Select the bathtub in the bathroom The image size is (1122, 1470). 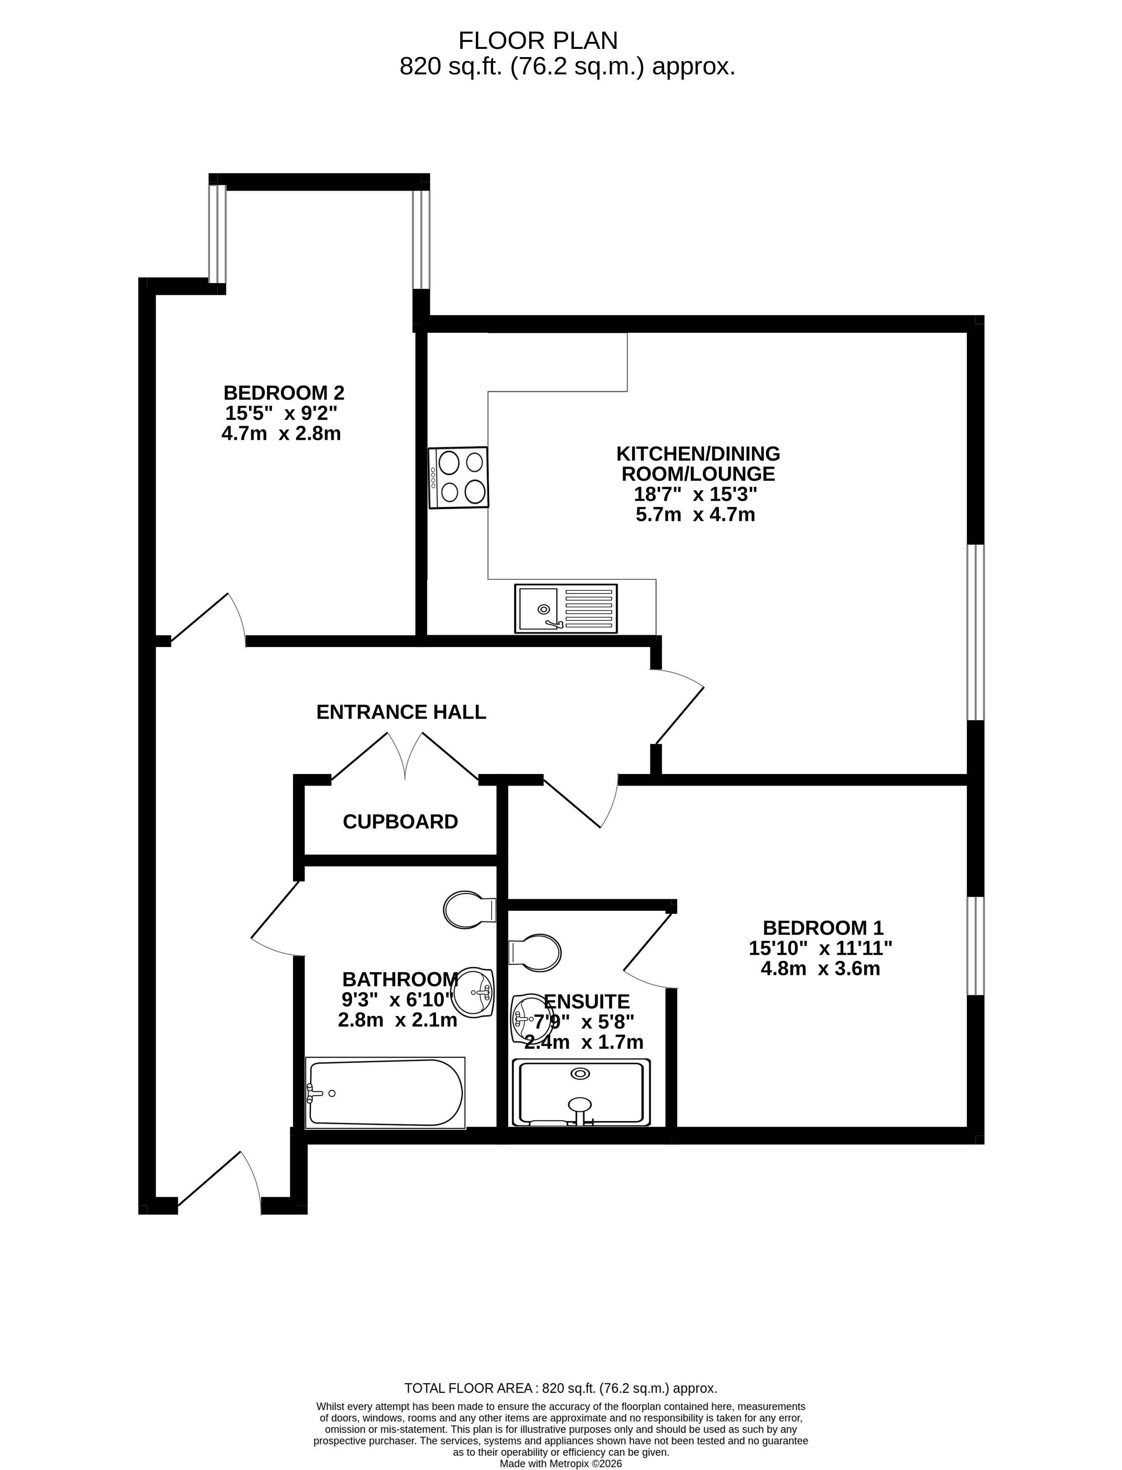385,1093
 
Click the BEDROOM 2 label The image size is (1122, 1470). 284,392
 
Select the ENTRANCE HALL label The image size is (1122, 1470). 402,712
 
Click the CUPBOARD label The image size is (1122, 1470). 401,822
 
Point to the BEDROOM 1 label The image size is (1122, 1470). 823,928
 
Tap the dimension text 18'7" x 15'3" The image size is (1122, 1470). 695,495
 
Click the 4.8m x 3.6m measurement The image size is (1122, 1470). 821,969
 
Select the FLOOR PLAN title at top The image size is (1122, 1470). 538,41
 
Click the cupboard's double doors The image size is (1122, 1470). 405,756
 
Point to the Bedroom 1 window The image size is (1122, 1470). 976,946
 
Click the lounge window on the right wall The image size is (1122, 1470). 976,632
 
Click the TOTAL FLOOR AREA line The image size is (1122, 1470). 561,1389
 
